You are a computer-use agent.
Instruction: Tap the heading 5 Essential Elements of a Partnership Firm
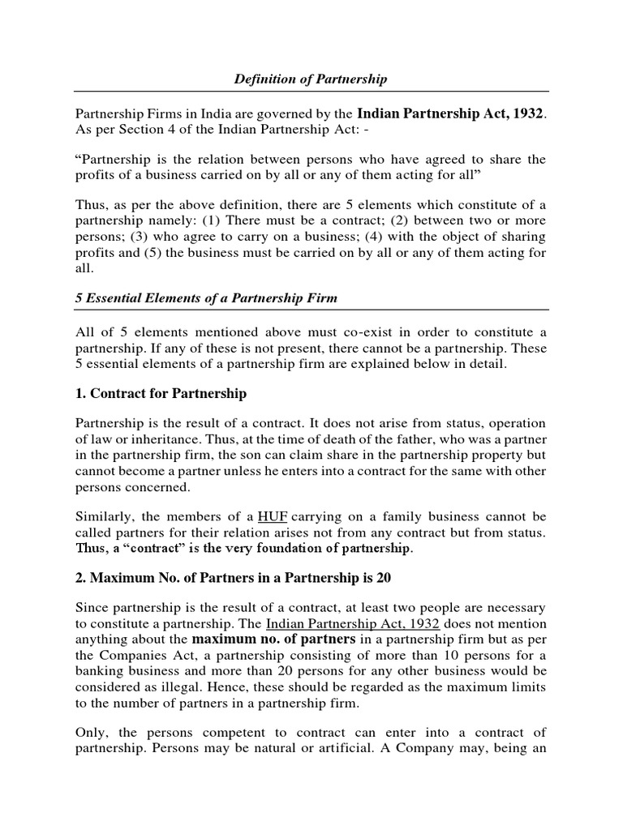pyautogui.click(x=206, y=298)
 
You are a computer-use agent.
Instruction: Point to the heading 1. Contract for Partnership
pyautogui.click(x=161, y=394)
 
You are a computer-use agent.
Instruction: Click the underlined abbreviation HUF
pyautogui.click(x=272, y=516)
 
